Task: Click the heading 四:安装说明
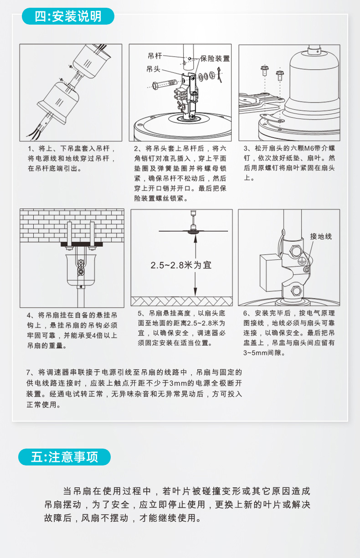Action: tap(68, 16)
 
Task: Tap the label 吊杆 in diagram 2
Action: tap(155, 56)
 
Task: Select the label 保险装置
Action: tap(215, 58)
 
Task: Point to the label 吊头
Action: tap(154, 69)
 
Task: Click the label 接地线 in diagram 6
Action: tap(321, 236)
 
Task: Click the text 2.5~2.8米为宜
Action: tap(181, 265)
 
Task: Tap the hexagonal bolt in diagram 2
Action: tap(165, 84)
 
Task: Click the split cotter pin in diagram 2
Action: tap(220, 74)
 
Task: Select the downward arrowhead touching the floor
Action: tap(195, 292)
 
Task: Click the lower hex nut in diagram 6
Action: tap(296, 291)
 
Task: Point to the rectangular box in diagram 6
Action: tap(271, 273)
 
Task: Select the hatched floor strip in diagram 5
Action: tap(182, 301)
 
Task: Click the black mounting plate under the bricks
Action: tap(82, 244)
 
